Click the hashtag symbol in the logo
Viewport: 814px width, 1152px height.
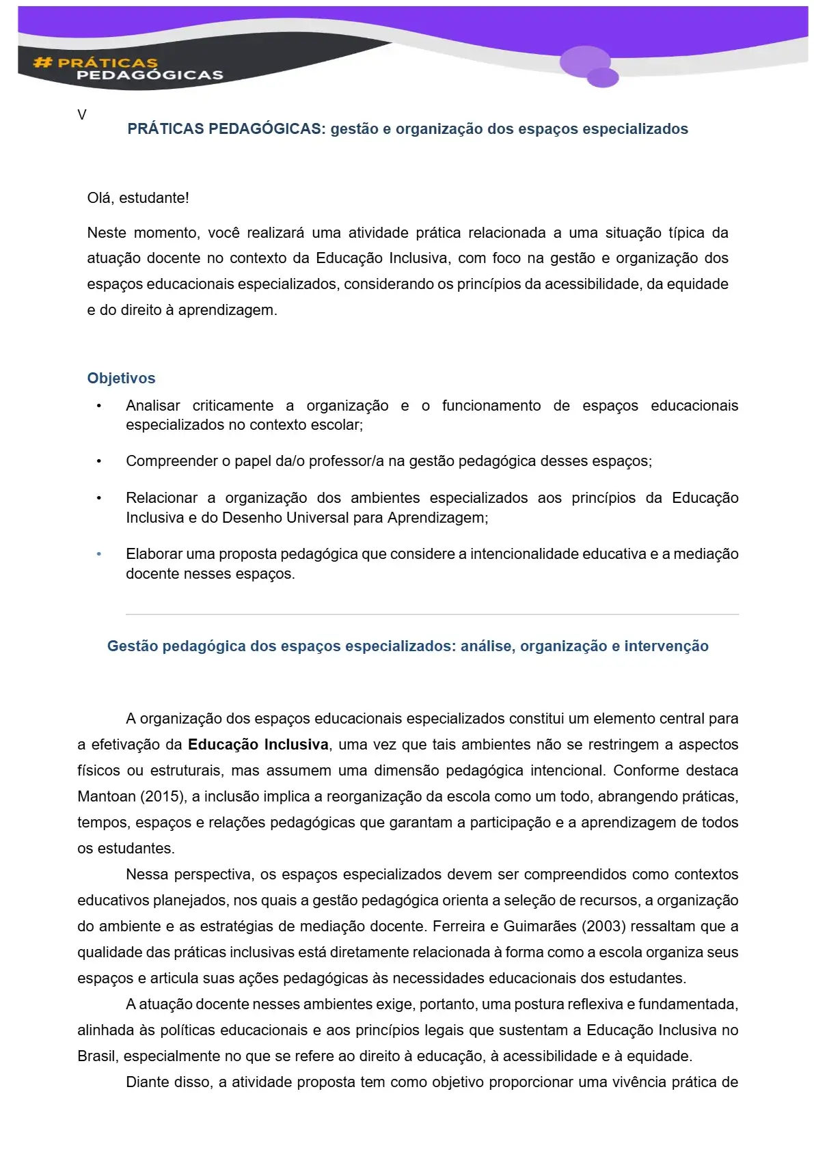click(42, 63)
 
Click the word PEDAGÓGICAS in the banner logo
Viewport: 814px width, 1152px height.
click(150, 75)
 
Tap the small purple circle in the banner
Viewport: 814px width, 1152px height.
click(602, 77)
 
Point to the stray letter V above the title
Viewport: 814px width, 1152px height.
click(82, 115)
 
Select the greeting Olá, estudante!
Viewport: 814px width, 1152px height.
click(138, 198)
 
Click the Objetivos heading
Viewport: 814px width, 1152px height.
click(121, 379)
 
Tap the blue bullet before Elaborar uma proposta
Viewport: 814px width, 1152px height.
click(99, 554)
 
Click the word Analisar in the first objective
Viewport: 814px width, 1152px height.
click(153, 406)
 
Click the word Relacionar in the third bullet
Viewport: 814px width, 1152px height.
click(161, 498)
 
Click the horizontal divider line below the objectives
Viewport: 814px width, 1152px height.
click(432, 615)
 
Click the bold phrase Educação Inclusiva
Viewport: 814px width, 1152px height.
click(258, 745)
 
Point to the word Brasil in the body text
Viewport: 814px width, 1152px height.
click(96, 1056)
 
